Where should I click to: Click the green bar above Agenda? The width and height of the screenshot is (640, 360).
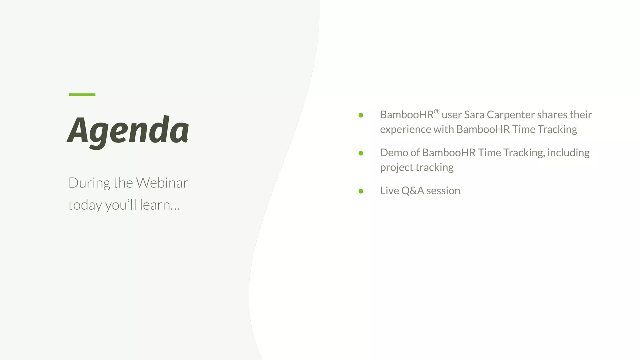(x=82, y=94)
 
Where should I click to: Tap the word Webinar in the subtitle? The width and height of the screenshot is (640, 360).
(x=162, y=183)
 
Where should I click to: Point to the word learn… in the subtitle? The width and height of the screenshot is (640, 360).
(x=160, y=205)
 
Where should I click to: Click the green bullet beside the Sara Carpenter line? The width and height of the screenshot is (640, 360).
(x=361, y=115)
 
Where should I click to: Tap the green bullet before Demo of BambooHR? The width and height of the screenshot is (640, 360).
(x=361, y=153)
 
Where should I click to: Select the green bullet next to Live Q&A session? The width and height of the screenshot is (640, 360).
(x=361, y=191)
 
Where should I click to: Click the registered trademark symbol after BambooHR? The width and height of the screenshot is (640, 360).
(x=437, y=112)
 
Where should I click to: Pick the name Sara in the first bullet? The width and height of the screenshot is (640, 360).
(x=474, y=115)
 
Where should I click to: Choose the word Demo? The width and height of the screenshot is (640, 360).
(x=394, y=153)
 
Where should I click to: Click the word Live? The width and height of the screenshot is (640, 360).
(x=389, y=191)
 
